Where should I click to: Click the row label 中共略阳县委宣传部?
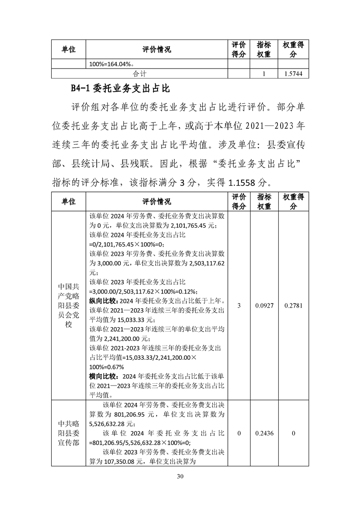(x=68, y=433)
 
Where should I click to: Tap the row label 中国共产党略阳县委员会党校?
(x=68, y=306)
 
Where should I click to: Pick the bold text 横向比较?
(x=104, y=377)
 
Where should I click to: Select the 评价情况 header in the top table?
(x=156, y=49)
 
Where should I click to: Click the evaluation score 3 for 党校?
(x=239, y=306)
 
